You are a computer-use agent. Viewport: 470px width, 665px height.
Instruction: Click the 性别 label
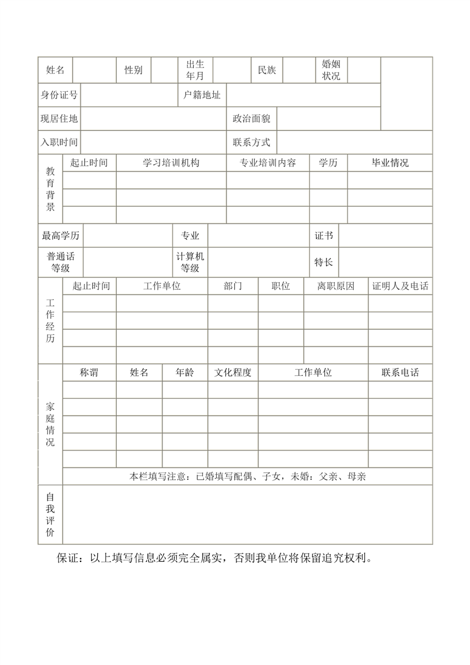(x=133, y=70)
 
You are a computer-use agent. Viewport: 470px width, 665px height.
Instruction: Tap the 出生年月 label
(x=195, y=70)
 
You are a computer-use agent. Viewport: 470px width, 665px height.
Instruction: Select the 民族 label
(x=267, y=70)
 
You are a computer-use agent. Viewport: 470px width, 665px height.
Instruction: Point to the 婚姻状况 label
(x=331, y=70)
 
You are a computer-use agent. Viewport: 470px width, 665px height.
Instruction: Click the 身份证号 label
(x=59, y=95)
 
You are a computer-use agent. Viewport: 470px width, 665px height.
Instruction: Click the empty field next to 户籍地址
(x=303, y=95)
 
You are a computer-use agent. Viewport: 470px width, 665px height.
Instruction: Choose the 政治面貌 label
(x=251, y=119)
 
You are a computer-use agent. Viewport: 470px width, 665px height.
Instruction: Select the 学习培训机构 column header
(x=171, y=163)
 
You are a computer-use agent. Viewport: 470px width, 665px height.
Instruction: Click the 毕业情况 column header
(x=389, y=163)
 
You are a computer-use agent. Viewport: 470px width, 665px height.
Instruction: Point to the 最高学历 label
(x=60, y=236)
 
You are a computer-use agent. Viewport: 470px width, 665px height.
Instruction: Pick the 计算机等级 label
(x=190, y=262)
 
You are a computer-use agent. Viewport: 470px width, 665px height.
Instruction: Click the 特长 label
(x=324, y=262)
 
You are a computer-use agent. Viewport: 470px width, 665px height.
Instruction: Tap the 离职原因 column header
(x=335, y=286)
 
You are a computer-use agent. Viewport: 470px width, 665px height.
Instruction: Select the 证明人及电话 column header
(x=400, y=286)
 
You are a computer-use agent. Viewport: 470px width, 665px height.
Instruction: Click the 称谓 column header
(x=89, y=373)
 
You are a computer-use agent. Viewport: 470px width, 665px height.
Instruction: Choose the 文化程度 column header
(x=233, y=373)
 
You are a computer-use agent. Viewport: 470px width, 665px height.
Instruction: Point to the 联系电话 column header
(x=400, y=373)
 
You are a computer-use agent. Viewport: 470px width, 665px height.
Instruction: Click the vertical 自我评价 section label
(x=50, y=514)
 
